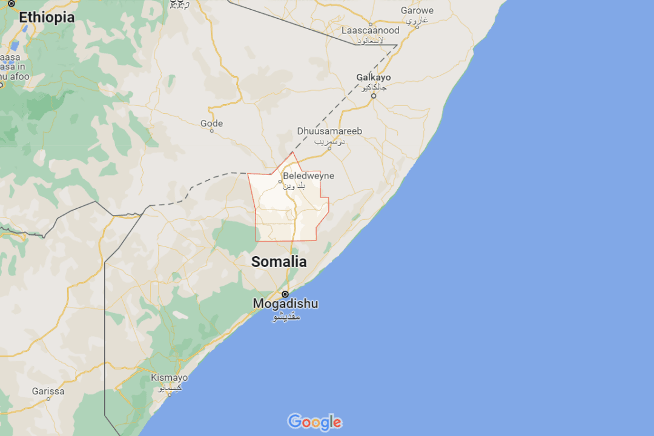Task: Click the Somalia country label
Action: (x=279, y=262)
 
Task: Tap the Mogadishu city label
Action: (x=285, y=303)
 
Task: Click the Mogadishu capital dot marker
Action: (x=285, y=294)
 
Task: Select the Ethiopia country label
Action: (x=47, y=18)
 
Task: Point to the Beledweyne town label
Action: (x=308, y=176)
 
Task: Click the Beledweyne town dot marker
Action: (x=280, y=181)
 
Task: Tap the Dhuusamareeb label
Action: (x=329, y=131)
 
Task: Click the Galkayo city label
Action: (x=374, y=78)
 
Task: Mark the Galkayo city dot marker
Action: (x=374, y=96)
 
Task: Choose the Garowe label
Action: (x=417, y=10)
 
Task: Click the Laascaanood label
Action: (x=371, y=30)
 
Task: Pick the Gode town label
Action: (x=211, y=124)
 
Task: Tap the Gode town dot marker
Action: (x=211, y=131)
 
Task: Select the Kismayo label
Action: (x=170, y=377)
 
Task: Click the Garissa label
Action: (x=48, y=391)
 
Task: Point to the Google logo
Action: (x=314, y=422)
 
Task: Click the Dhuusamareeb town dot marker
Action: (x=329, y=147)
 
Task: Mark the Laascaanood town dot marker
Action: (x=371, y=25)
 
